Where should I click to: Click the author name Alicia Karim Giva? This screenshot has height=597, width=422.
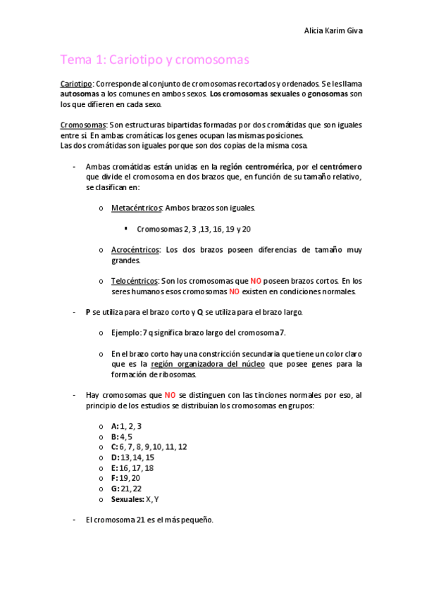(333, 31)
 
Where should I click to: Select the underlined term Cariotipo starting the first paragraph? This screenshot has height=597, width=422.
(76, 84)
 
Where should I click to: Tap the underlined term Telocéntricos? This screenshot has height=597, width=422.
(134, 281)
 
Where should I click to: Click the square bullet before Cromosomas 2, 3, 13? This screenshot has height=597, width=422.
(125, 228)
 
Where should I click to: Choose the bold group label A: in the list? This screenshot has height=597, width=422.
(115, 426)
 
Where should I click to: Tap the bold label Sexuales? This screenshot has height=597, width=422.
(128, 499)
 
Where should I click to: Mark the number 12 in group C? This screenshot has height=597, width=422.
(182, 447)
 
